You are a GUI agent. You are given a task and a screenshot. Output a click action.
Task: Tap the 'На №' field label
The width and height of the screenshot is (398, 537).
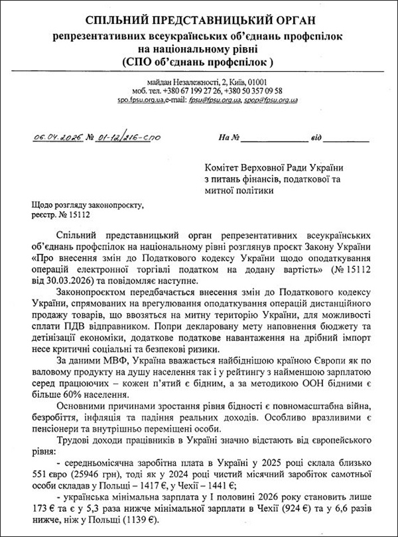click(228, 138)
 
